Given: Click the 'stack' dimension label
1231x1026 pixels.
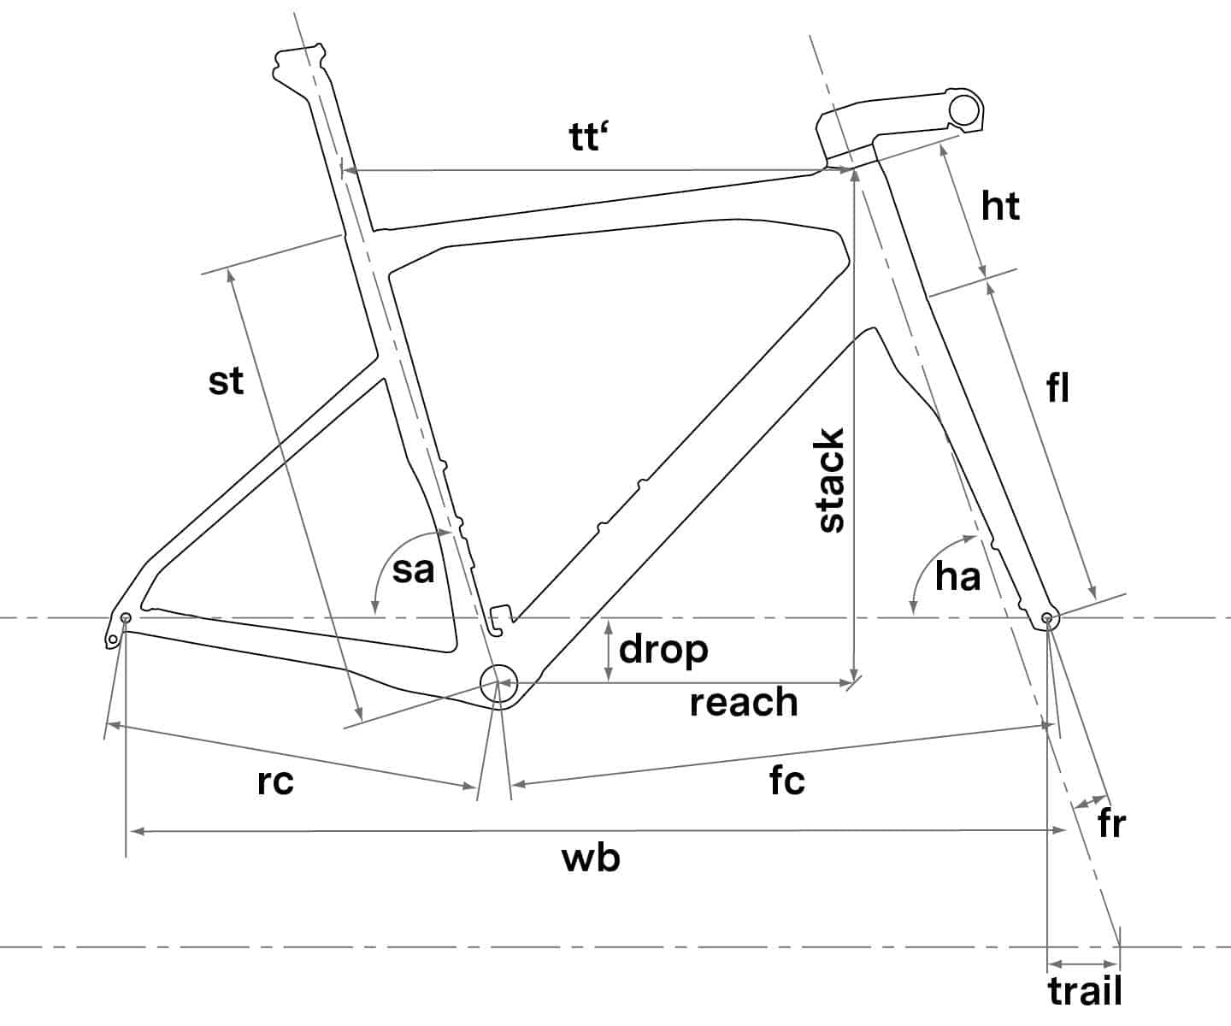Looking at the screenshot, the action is point(831,481).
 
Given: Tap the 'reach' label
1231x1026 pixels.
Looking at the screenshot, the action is point(744,703).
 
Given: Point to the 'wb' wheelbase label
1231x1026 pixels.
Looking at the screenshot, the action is point(591,858).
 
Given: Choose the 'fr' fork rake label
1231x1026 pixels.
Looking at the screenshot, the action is point(1112,823).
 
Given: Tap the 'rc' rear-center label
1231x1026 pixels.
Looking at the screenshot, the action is point(275,782).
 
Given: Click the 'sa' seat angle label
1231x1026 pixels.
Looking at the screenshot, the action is point(413,570).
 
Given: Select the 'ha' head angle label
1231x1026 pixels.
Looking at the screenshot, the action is point(958,576).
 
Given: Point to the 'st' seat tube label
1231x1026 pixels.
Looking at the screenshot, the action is point(226,381).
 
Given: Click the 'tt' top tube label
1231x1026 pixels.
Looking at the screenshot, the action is point(588,138).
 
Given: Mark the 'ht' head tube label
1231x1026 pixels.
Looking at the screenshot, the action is point(1000,206).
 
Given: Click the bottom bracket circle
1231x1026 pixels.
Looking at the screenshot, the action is point(498,684).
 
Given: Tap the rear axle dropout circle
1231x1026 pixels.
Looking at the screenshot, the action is point(125,618).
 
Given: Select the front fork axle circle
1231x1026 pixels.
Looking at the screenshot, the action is point(1047,618).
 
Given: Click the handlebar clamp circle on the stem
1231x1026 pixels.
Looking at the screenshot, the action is point(964,109).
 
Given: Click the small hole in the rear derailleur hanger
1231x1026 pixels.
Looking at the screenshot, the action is point(113,640).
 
